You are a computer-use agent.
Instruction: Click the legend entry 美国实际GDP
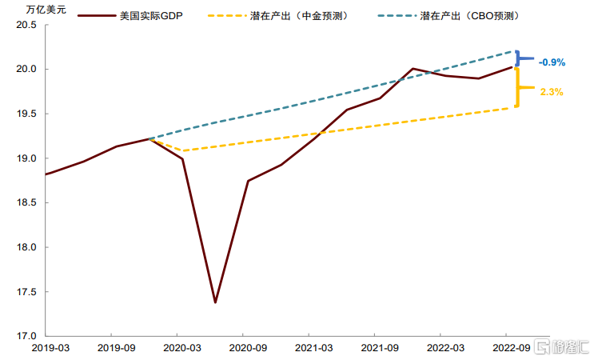130,16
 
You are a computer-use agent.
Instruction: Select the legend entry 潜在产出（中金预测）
278,16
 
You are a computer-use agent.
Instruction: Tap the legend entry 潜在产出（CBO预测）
449,16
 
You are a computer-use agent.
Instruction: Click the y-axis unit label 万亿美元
46,10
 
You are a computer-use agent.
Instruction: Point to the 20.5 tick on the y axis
26,25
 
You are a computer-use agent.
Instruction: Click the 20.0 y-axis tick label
26,69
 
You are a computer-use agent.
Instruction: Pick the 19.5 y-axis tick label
26,114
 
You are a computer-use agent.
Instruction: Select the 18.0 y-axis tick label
26,247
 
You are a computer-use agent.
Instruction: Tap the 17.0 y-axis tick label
26,336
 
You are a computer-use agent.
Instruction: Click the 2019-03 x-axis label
50,348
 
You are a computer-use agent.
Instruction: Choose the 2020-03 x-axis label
182,348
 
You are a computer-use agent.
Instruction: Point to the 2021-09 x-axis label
380,348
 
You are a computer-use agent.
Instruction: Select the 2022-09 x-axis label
512,348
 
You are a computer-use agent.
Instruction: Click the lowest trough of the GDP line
215,302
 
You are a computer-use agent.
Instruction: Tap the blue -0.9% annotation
552,62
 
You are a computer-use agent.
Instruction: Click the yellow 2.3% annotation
552,92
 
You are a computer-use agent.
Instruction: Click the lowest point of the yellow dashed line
184,151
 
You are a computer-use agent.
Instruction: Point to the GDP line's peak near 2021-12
413,69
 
